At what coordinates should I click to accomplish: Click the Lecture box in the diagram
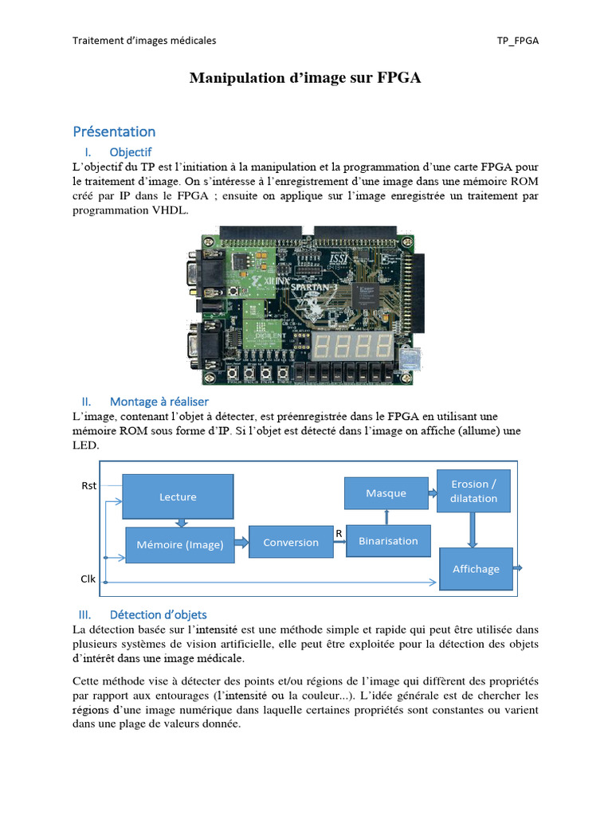click(178, 496)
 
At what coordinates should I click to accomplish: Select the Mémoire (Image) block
click(179, 545)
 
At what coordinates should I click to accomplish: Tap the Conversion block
click(291, 542)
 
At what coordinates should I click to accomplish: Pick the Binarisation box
click(388, 541)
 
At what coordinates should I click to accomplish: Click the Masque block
click(386, 493)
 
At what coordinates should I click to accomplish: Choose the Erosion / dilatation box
click(473, 491)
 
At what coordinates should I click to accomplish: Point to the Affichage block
click(476, 569)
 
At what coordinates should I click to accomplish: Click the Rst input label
click(88, 485)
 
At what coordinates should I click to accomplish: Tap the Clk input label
click(88, 579)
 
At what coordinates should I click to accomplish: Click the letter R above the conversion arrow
click(338, 532)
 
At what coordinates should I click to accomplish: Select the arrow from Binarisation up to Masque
click(386, 516)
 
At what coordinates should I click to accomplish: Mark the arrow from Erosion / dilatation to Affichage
click(473, 530)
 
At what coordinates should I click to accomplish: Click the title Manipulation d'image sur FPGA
click(305, 78)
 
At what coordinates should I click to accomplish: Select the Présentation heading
click(114, 131)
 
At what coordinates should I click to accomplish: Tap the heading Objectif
click(131, 151)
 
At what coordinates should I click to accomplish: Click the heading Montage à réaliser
click(159, 402)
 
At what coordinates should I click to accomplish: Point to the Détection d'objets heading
click(158, 614)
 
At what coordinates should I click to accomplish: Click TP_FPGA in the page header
click(517, 41)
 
